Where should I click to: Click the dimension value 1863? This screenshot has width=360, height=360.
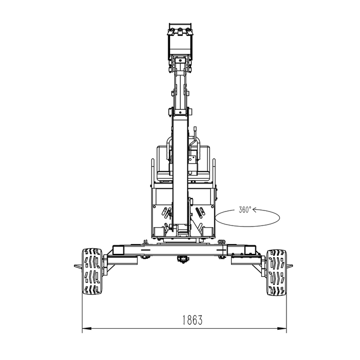pyautogui.click(x=192, y=320)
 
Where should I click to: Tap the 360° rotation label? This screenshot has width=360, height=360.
pyautogui.click(x=245, y=209)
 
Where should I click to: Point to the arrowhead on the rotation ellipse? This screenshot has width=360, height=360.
pyautogui.click(x=254, y=209)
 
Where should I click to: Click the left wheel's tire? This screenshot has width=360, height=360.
pyautogui.click(x=92, y=271)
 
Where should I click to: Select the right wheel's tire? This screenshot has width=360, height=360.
pyautogui.click(x=276, y=272)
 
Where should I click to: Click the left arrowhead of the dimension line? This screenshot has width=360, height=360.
pyautogui.click(x=87, y=329)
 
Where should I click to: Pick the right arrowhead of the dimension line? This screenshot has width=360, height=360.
pyautogui.click(x=282, y=329)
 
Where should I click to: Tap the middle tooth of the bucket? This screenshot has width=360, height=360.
pyautogui.click(x=180, y=32)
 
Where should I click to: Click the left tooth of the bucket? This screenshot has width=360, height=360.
pyautogui.click(x=172, y=32)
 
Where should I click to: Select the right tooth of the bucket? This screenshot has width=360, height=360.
pyautogui.click(x=188, y=32)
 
